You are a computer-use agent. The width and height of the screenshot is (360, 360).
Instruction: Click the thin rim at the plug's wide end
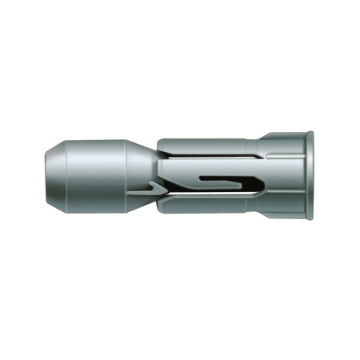309,177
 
